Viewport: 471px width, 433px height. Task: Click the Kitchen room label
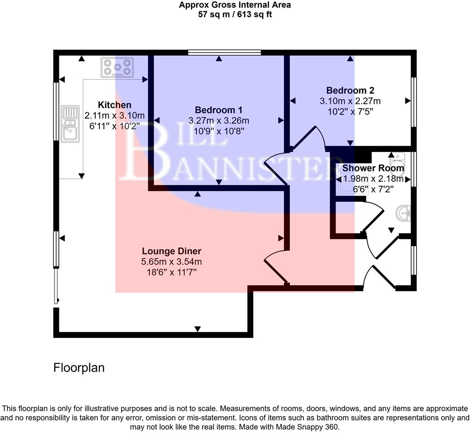click(x=114, y=105)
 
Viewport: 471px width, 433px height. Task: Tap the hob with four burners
click(x=116, y=68)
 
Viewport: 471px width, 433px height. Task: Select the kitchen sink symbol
click(x=70, y=123)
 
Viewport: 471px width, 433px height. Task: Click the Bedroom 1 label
click(x=218, y=110)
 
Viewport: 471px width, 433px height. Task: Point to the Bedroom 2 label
click(x=350, y=90)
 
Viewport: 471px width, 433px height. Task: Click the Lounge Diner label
click(x=171, y=251)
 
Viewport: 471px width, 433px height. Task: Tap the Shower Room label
click(x=373, y=168)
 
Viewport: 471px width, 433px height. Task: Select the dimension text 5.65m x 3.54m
click(x=171, y=262)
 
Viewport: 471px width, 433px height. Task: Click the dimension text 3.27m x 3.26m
click(x=218, y=120)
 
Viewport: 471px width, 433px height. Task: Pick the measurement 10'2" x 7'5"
click(x=350, y=111)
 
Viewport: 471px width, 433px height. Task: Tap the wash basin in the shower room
click(x=403, y=213)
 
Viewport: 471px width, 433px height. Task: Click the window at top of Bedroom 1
click(x=225, y=53)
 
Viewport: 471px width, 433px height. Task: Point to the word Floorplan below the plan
click(x=79, y=368)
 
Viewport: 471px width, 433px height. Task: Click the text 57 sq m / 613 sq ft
click(x=235, y=14)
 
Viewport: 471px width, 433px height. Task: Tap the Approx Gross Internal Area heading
click(x=235, y=5)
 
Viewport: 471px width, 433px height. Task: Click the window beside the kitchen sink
click(x=56, y=111)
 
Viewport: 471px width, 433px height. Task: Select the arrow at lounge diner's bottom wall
click(x=198, y=329)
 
